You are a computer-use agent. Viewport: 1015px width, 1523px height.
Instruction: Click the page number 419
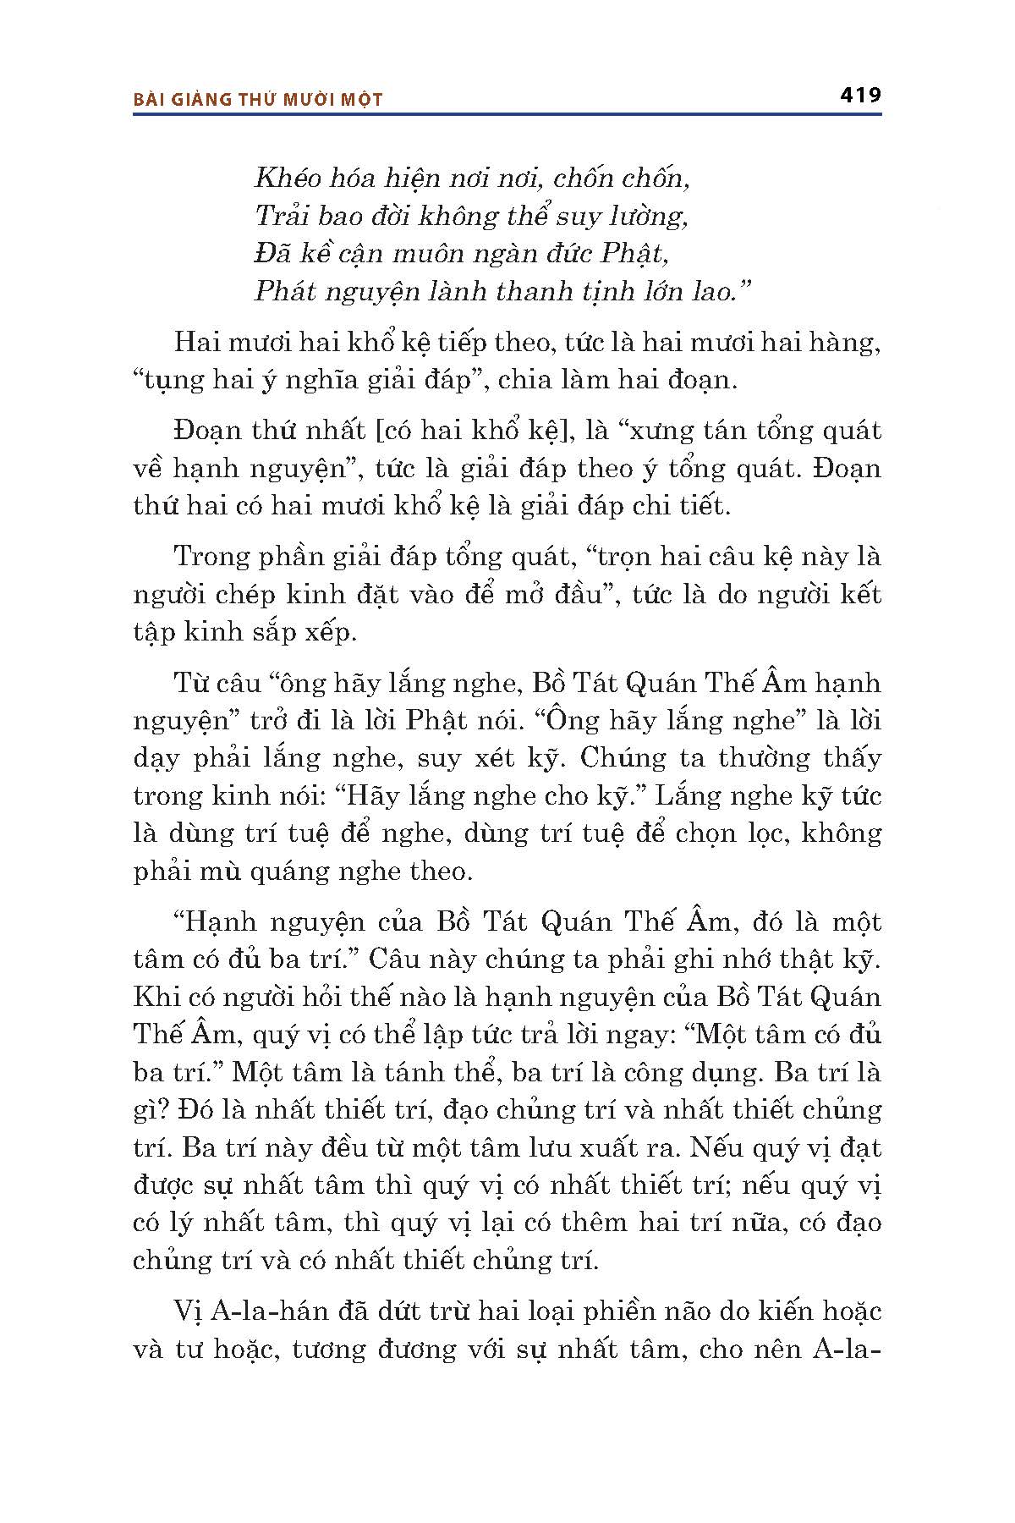pyautogui.click(x=860, y=95)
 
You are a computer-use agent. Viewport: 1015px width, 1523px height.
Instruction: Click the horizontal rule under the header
pyautogui.click(x=507, y=113)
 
